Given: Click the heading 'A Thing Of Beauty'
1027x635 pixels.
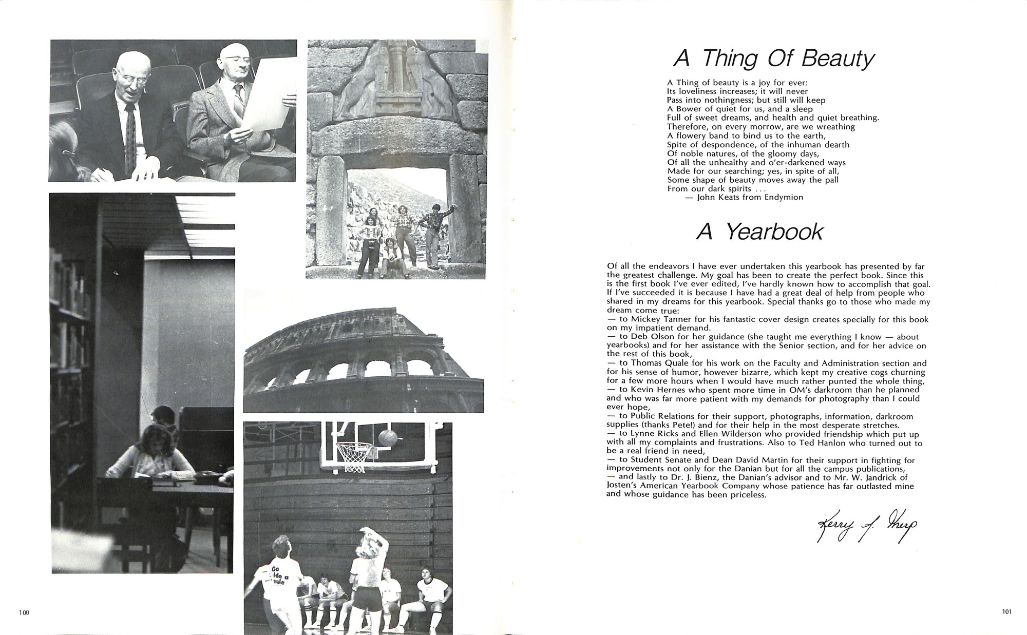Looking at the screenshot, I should (x=773, y=60).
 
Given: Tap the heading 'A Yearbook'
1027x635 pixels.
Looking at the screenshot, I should (x=759, y=233).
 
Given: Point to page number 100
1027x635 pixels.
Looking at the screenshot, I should (x=24, y=611).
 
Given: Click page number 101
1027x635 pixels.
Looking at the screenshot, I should (x=1006, y=611).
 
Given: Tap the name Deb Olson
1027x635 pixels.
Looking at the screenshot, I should (x=652, y=337).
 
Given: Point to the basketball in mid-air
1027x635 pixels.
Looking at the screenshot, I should (x=387, y=437).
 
